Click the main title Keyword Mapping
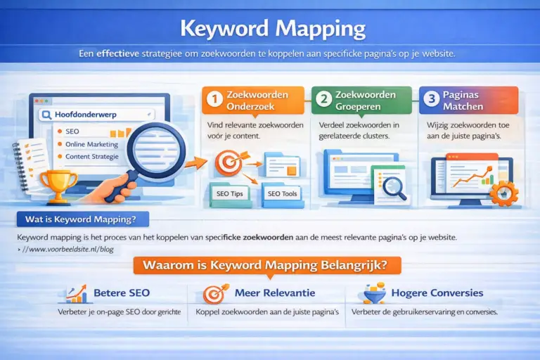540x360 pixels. pos(272,30)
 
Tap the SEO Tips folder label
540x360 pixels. pos(231,193)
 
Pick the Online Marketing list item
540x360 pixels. pos(91,143)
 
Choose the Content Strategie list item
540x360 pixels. pos(92,156)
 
